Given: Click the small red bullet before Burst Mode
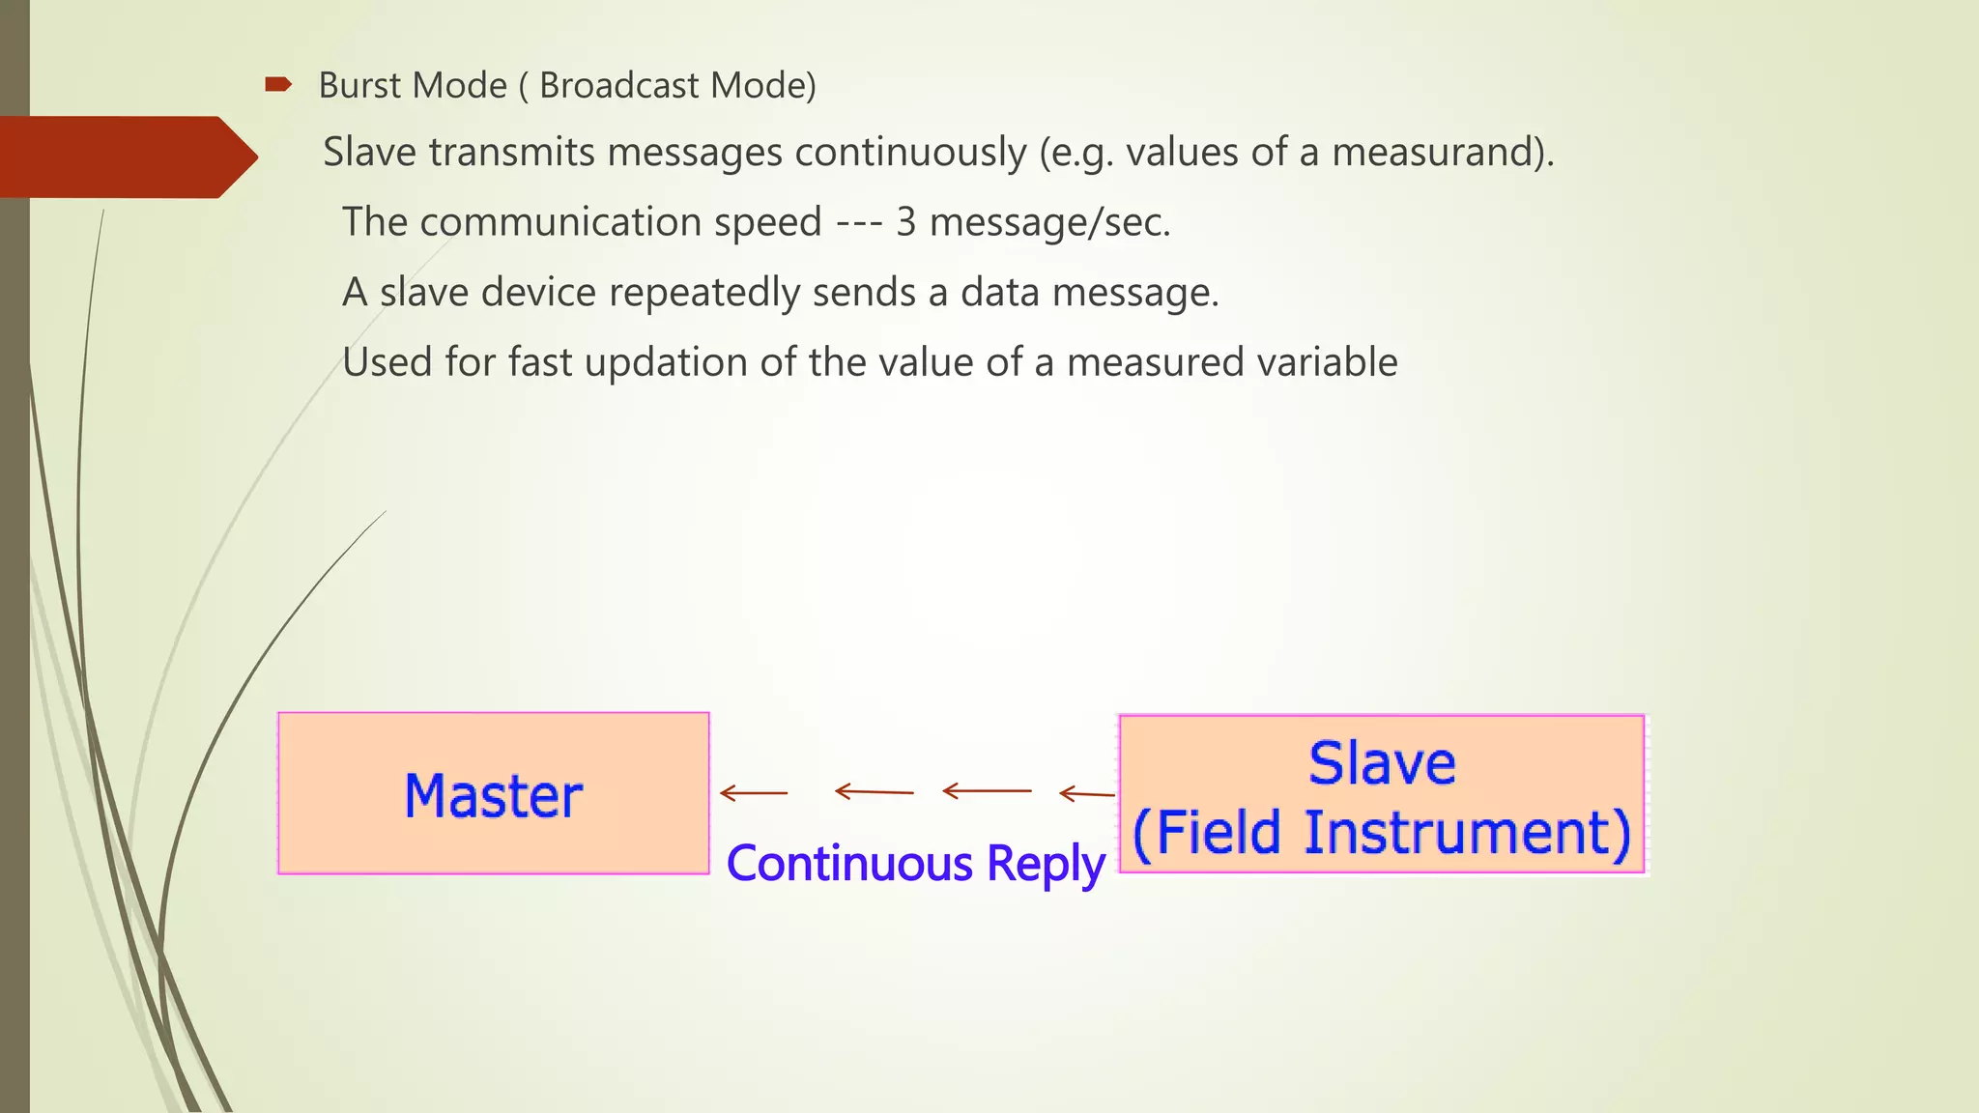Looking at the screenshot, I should pyautogui.click(x=278, y=85).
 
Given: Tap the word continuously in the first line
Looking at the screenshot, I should pyautogui.click(x=910, y=153).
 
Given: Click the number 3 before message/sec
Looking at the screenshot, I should pyautogui.click(x=905, y=222).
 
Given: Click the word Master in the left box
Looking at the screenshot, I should pyautogui.click(x=493, y=796).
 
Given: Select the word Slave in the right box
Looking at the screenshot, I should pyautogui.click(x=1382, y=763).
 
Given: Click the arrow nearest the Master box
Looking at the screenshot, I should pyautogui.click(x=755, y=793).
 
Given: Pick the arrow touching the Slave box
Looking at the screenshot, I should pyautogui.click(x=1087, y=794).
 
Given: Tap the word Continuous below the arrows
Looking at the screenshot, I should pyautogui.click(x=849, y=863).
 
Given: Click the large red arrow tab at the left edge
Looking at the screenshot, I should pyautogui.click(x=126, y=157).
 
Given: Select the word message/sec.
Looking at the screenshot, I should pyautogui.click(x=1049, y=223).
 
